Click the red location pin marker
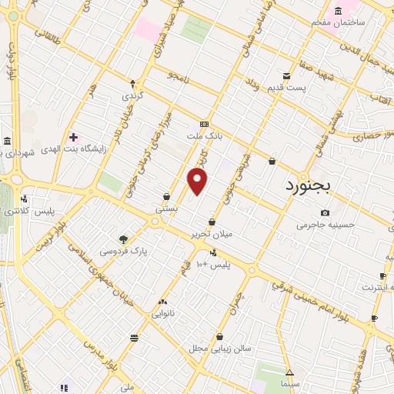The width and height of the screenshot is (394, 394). (x=198, y=181)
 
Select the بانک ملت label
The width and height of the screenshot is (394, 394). (x=204, y=136)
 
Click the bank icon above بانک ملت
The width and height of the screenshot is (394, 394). (x=204, y=124)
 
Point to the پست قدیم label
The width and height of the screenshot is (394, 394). (x=286, y=88)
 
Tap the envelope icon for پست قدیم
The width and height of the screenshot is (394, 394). (x=286, y=75)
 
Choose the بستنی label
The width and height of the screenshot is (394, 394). (x=167, y=208)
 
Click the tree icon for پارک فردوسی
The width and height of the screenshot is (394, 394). (x=123, y=239)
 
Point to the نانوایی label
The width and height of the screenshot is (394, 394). (x=162, y=314)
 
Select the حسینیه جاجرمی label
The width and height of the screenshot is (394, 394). (x=326, y=225)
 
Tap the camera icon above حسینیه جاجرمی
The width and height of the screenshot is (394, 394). (x=326, y=213)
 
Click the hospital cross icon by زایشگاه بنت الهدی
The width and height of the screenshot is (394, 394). (x=73, y=137)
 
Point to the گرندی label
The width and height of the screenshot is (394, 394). (x=132, y=97)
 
